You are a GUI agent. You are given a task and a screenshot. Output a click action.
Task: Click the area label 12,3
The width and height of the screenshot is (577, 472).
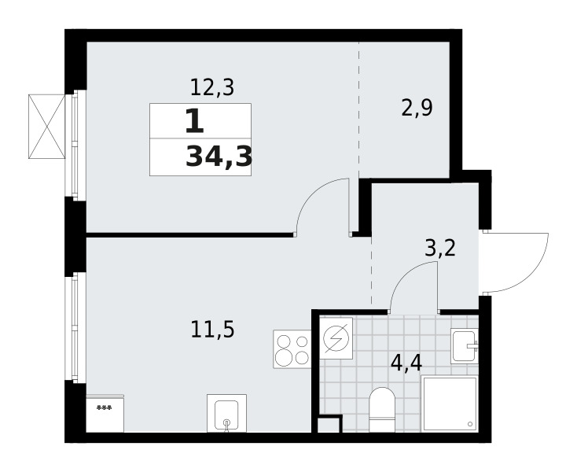[x=212, y=87]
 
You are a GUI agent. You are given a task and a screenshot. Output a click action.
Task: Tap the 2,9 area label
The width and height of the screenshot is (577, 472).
[x=417, y=109]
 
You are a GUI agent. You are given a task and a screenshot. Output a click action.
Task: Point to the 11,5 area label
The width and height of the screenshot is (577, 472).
[x=212, y=326]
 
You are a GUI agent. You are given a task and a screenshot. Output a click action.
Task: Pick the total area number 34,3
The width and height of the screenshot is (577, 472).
[x=219, y=157]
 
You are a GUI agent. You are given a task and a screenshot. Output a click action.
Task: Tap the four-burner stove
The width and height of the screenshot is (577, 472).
[x=292, y=349]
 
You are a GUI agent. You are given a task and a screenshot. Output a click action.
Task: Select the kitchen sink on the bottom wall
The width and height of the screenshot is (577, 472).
[x=226, y=413]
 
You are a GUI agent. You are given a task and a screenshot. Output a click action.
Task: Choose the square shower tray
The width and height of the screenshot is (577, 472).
[x=450, y=403]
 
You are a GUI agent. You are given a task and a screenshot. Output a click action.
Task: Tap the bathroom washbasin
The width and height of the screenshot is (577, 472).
[x=464, y=346]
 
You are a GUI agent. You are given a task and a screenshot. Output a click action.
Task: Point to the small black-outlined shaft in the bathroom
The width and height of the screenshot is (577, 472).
[x=329, y=426]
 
